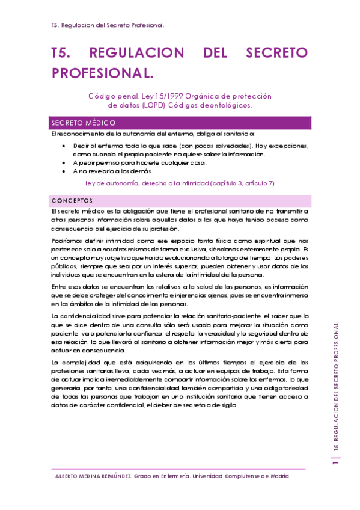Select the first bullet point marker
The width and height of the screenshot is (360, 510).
click(x=65, y=146)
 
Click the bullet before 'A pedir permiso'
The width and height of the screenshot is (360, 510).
click(x=65, y=163)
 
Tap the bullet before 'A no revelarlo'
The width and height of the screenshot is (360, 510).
click(x=65, y=171)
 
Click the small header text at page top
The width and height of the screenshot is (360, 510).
click(x=109, y=26)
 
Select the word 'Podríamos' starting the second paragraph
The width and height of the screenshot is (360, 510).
click(x=66, y=241)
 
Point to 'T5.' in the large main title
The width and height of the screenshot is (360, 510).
click(x=62, y=53)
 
